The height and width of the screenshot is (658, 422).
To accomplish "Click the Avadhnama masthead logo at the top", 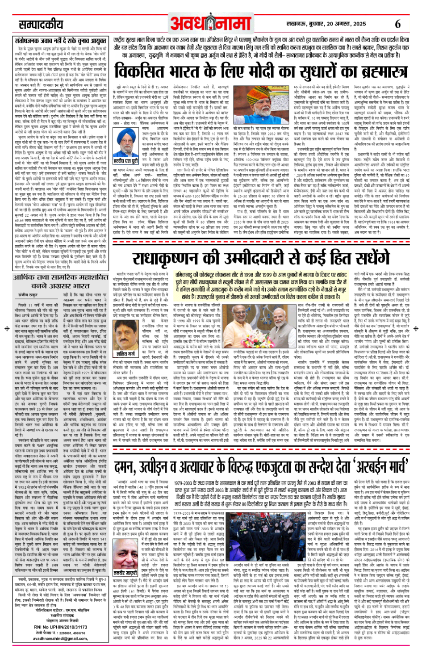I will [x=210, y=22].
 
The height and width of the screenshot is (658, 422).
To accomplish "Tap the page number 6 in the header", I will [x=397, y=24].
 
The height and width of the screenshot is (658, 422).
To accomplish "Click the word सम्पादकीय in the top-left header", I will [x=41, y=24].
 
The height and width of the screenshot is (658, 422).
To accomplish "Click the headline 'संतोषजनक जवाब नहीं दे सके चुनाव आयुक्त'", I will [x=60, y=41].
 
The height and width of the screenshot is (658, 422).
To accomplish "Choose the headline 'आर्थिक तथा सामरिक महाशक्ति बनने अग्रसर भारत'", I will [x=60, y=281].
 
